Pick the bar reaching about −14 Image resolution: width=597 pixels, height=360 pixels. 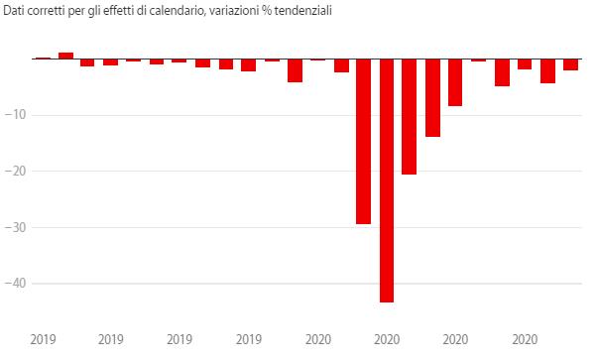(432, 98)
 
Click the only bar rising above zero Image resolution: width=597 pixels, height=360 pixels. (65, 56)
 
